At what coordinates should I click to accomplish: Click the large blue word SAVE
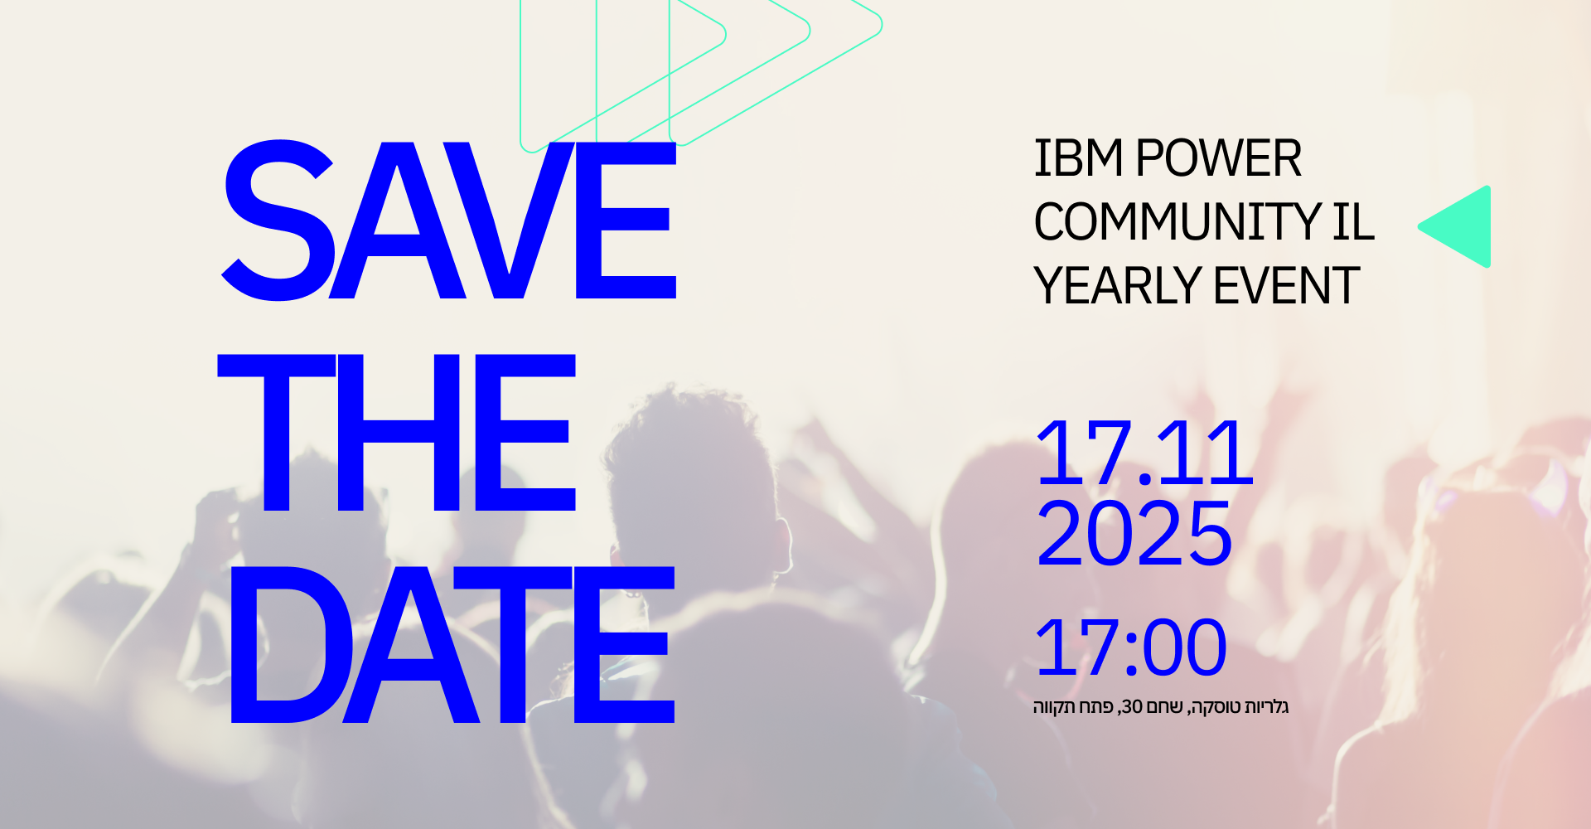(x=449, y=220)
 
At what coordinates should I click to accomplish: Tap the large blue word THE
(x=396, y=432)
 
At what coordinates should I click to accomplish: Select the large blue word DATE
(x=452, y=645)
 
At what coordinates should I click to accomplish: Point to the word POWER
(x=1219, y=158)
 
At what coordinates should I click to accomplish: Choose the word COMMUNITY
(x=1177, y=222)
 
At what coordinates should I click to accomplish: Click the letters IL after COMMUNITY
(x=1354, y=222)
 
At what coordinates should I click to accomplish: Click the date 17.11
(x=1144, y=453)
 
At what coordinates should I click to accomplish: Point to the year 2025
(x=1134, y=533)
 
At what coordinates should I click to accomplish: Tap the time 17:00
(x=1131, y=647)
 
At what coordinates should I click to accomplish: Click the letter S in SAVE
(x=278, y=220)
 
